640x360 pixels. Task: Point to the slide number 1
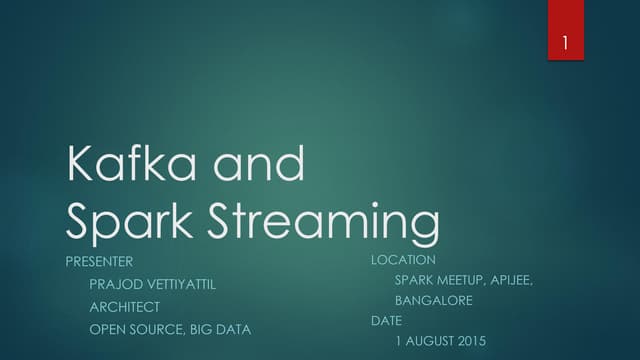[566, 43]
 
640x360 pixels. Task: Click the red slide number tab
[566, 30]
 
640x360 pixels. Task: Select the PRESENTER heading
[99, 261]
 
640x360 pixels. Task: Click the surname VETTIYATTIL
[179, 284]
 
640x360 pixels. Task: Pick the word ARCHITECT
[125, 307]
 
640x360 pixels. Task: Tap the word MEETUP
[465, 280]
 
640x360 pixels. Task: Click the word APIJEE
[514, 280]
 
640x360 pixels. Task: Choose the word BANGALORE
[434, 300]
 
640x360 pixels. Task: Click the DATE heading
[386, 321]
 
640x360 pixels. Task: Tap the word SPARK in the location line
[415, 280]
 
